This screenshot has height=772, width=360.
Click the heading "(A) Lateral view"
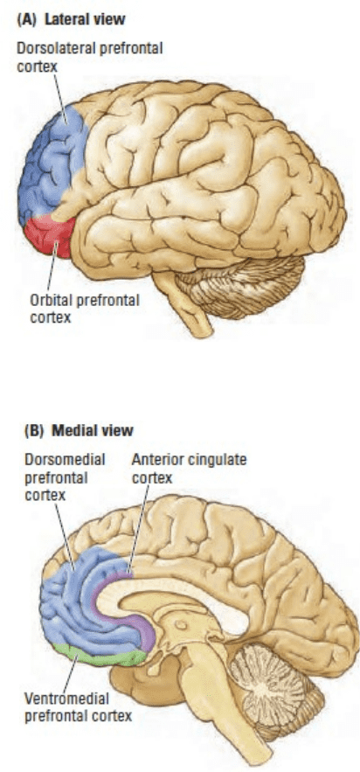[71, 19]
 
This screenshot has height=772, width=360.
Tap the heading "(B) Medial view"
[79, 430]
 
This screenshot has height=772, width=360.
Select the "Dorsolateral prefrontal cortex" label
[89, 57]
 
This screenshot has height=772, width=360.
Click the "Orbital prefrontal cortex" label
[85, 309]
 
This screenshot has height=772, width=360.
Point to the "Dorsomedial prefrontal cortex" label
[65, 477]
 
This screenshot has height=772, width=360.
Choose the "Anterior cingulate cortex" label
[189, 469]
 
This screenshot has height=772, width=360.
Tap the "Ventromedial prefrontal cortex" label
[78, 706]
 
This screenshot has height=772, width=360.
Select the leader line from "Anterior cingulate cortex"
[137, 529]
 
